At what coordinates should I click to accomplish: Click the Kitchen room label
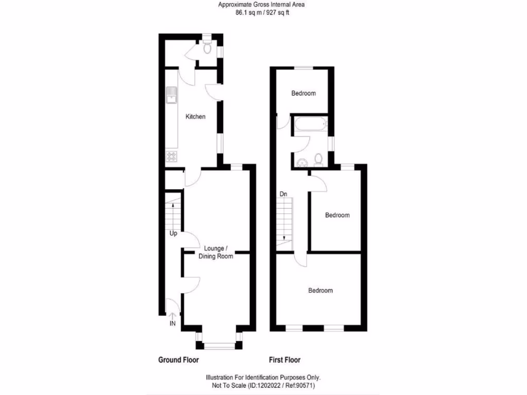[x=196, y=117]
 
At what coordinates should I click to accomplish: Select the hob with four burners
[x=171, y=156]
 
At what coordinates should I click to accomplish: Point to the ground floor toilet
[x=207, y=49]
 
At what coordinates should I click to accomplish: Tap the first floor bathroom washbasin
[x=302, y=162]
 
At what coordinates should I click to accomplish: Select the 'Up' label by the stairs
[x=173, y=234]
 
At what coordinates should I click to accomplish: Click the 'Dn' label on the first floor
[x=283, y=194]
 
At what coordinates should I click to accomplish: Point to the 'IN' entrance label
[x=172, y=324]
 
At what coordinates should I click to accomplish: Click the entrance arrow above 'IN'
[x=172, y=316]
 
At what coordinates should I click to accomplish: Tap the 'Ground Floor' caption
[x=178, y=360]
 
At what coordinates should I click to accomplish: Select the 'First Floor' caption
[x=285, y=360]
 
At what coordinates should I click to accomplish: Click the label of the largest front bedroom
[x=320, y=291]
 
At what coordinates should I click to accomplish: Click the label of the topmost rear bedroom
[x=303, y=94]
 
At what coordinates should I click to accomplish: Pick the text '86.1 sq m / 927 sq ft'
[x=263, y=12]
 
